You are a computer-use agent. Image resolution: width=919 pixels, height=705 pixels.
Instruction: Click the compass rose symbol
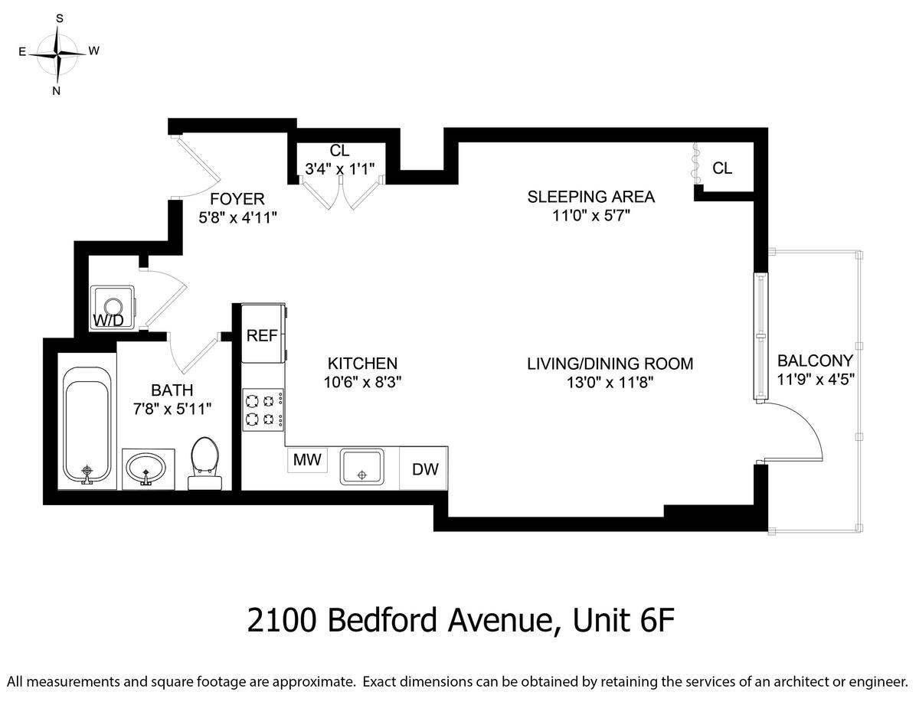57,54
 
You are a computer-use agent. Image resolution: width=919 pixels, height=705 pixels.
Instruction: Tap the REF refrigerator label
262,335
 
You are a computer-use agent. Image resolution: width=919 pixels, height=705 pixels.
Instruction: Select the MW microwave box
307,460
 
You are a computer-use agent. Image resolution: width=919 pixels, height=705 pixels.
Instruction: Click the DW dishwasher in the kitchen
424,468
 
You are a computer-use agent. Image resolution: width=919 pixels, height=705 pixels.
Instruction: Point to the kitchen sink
362,467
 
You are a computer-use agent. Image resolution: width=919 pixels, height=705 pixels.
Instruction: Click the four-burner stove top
263,410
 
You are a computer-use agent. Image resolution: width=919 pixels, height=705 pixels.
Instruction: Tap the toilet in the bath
204,463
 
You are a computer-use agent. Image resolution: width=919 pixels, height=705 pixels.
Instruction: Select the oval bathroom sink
146,468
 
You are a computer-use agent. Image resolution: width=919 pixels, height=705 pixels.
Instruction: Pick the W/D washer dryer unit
112,308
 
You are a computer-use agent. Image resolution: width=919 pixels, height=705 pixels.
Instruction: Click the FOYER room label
237,199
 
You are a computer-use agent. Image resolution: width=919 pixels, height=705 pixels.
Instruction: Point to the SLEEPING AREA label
590,197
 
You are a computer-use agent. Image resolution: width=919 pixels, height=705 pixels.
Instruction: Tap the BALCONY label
815,361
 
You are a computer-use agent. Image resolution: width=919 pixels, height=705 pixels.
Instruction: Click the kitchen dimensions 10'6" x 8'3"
362,382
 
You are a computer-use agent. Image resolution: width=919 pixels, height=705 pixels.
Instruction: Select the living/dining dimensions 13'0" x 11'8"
610,383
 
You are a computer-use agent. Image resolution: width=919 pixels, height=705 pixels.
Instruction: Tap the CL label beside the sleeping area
722,168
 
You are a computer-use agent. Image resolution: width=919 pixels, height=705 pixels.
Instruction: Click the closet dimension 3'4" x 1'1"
340,169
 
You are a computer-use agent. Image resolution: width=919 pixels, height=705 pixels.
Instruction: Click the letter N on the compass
56,91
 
